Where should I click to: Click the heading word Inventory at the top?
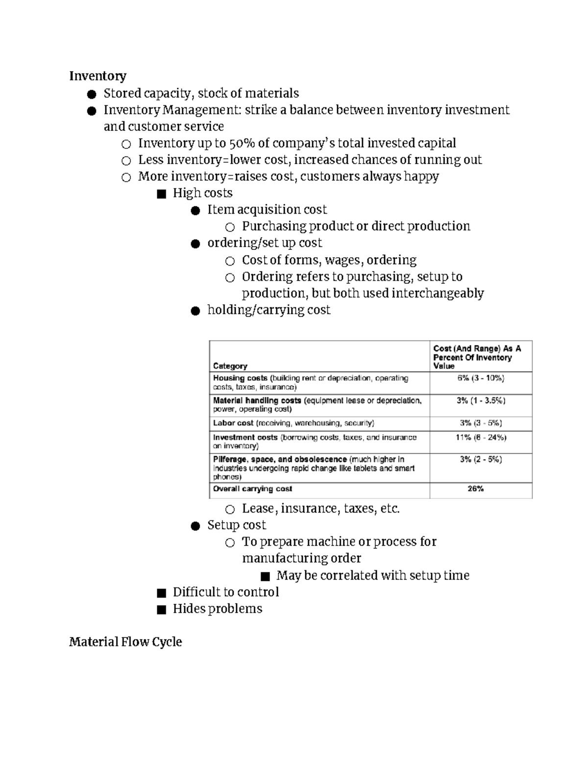pyautogui.click(x=98, y=76)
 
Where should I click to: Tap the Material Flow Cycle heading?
pyautogui.click(x=125, y=642)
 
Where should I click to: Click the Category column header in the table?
pyautogui.click(x=230, y=366)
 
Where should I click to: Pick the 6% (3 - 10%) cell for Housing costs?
pyautogui.click(x=481, y=378)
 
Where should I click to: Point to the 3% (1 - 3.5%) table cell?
pyautogui.click(x=481, y=400)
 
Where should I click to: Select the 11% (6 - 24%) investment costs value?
pyautogui.click(x=481, y=437)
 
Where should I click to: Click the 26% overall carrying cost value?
pyautogui.click(x=475, y=489)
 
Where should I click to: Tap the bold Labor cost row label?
pyautogui.click(x=233, y=423)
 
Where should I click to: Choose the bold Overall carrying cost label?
pyautogui.click(x=252, y=489)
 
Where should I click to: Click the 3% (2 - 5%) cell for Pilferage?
pyautogui.click(x=481, y=460)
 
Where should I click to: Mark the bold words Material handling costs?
pyautogui.click(x=257, y=400)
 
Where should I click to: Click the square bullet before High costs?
pyautogui.click(x=161, y=194)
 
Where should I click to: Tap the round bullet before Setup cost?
pyautogui.click(x=196, y=526)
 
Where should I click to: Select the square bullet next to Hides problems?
pyautogui.click(x=161, y=610)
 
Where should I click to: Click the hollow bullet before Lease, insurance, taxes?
pyautogui.click(x=230, y=510)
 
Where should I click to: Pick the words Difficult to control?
pyautogui.click(x=225, y=592)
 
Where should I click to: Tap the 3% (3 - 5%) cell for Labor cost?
pyautogui.click(x=481, y=423)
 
